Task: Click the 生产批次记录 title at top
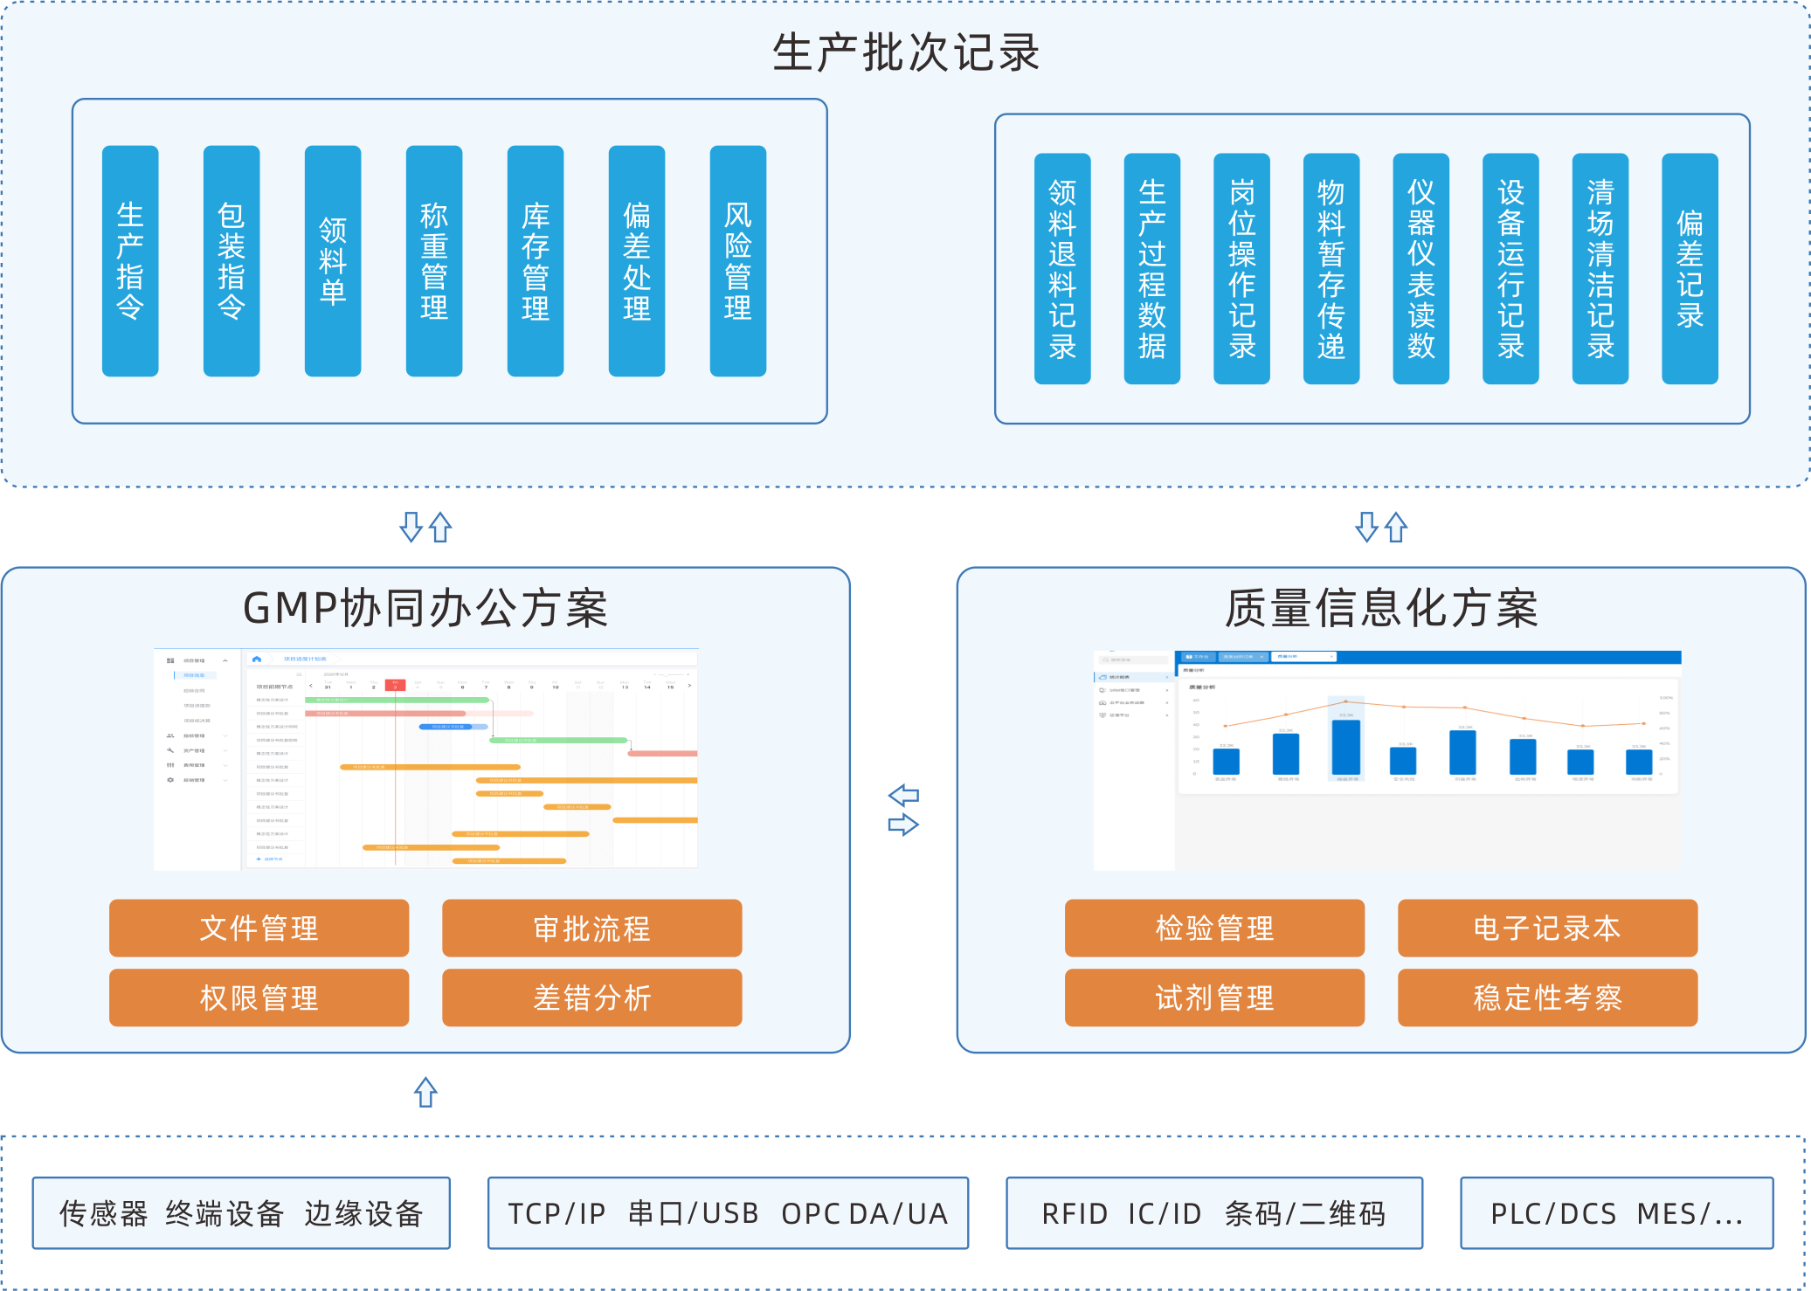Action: click(x=906, y=52)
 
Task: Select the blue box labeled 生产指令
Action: click(x=130, y=260)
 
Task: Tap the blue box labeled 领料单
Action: click(x=333, y=260)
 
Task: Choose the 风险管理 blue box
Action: click(x=737, y=260)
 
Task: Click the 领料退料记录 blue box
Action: click(x=1062, y=268)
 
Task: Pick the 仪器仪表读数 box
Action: click(x=1420, y=268)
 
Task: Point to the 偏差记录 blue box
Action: click(x=1690, y=268)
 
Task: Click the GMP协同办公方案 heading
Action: click(x=425, y=608)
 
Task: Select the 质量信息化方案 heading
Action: click(x=1380, y=608)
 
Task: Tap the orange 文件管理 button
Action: click(x=259, y=928)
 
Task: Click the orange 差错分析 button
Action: click(x=591, y=998)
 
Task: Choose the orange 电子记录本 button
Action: click(x=1547, y=928)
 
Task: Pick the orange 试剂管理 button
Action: click(x=1214, y=998)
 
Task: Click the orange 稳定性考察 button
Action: click(x=1547, y=998)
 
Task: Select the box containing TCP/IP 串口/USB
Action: click(x=728, y=1213)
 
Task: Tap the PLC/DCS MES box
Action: click(x=1616, y=1213)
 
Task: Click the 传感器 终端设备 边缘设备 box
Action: click(x=241, y=1213)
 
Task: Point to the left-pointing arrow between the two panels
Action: click(x=903, y=795)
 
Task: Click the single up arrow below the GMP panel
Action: click(x=425, y=1092)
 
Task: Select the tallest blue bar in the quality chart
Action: click(x=1346, y=748)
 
